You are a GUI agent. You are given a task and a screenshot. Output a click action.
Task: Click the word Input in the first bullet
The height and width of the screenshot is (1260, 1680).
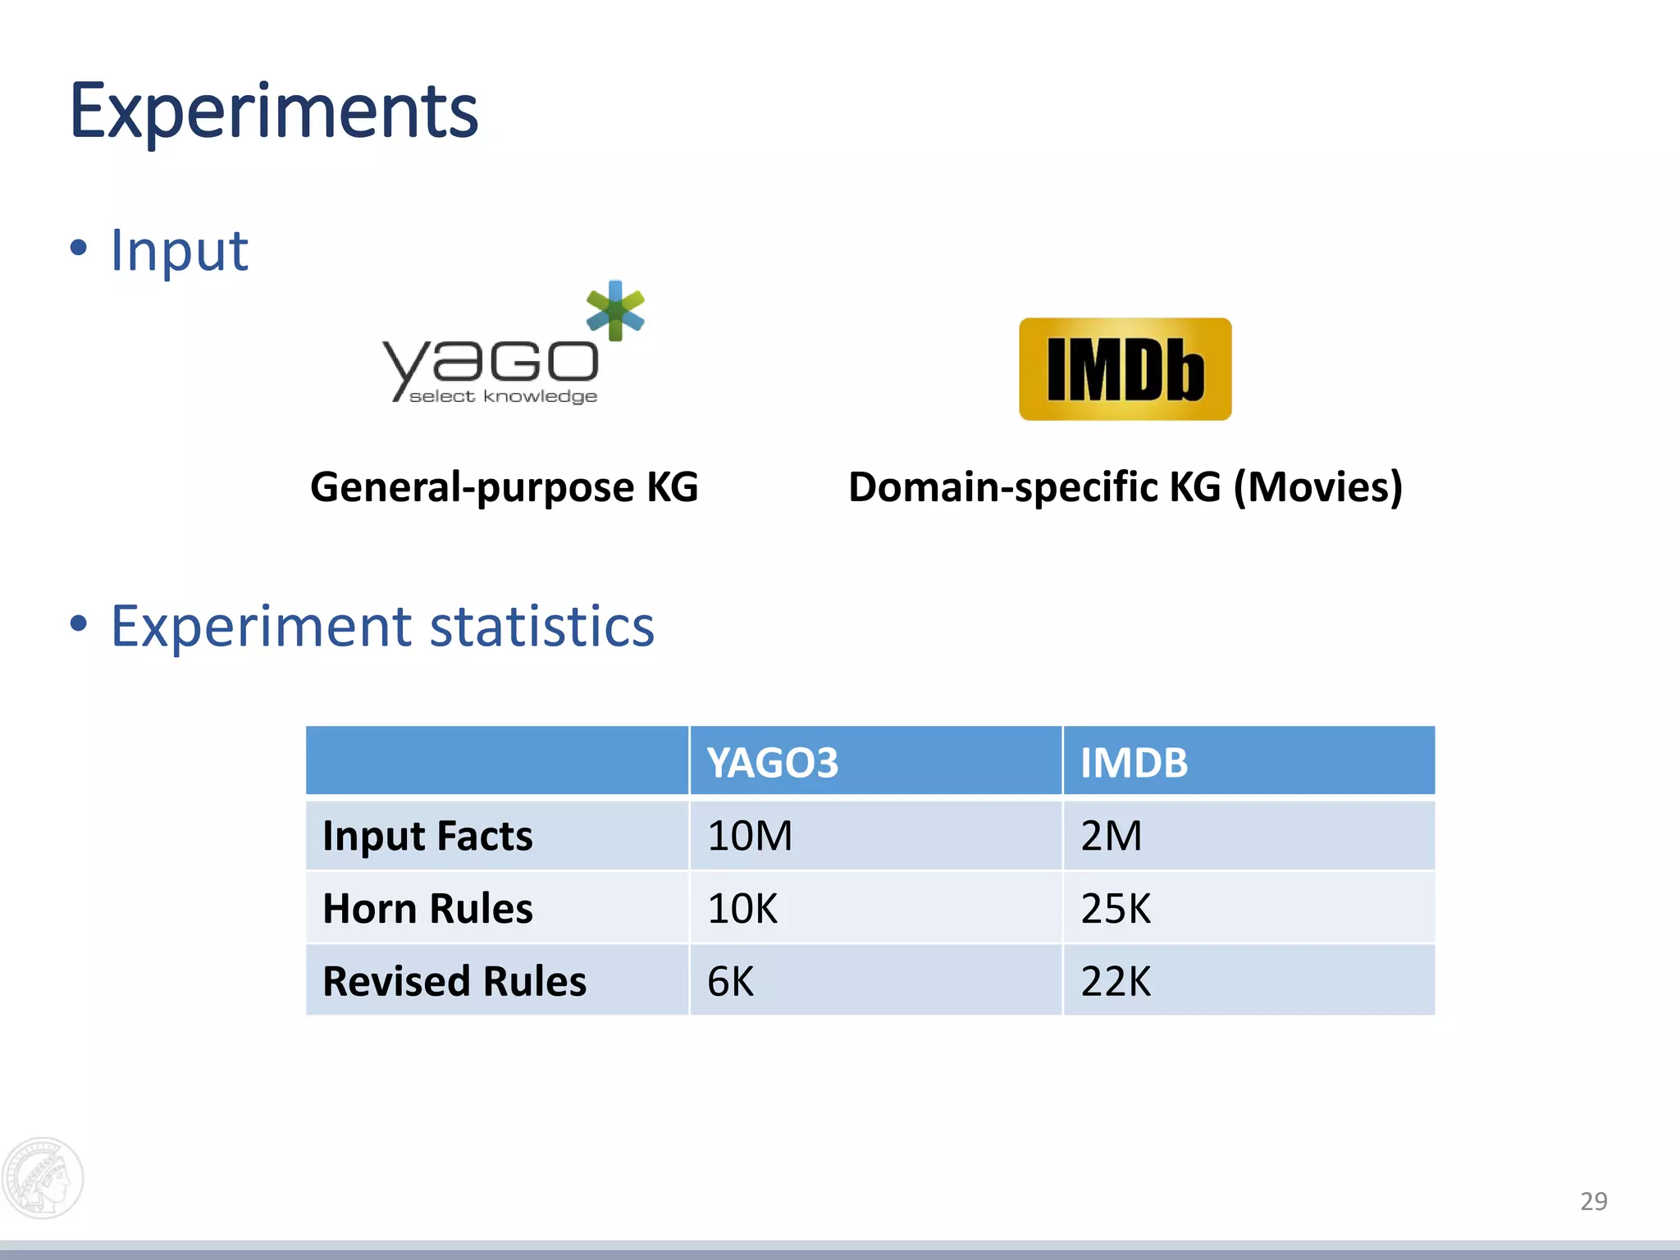(179, 250)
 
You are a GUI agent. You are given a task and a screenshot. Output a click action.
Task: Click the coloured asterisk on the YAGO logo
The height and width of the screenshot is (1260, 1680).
(615, 310)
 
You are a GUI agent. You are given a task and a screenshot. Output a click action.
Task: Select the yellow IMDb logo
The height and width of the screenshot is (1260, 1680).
(1125, 369)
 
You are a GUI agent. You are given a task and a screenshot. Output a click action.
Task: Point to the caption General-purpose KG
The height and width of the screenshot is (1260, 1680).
(504, 487)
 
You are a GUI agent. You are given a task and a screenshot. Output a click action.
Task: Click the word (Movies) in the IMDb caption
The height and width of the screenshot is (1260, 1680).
(1317, 487)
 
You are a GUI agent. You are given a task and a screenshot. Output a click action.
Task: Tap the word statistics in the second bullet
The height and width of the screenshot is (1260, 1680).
(541, 627)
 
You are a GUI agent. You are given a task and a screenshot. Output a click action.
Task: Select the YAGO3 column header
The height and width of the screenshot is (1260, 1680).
(773, 763)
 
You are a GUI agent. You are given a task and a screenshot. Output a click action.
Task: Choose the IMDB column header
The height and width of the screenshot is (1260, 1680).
(1134, 763)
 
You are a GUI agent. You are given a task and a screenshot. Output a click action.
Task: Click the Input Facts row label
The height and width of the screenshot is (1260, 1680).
(427, 836)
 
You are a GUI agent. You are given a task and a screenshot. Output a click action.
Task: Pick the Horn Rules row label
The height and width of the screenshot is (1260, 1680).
(427, 909)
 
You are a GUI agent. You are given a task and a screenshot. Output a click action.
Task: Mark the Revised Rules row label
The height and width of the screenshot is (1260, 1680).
(454, 981)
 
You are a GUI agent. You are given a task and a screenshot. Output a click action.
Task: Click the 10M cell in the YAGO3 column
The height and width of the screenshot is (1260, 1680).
(750, 836)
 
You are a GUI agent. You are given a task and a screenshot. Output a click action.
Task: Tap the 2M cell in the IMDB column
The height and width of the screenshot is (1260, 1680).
(1111, 836)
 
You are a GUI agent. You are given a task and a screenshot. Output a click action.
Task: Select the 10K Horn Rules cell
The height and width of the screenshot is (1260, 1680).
(742, 909)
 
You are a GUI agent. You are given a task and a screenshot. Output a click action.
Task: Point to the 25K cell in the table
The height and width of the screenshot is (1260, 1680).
(1116, 909)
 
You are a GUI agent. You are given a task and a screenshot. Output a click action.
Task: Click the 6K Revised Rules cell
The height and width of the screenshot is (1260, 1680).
(730, 981)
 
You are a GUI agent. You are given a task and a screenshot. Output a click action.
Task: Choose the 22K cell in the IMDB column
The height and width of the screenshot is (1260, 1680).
(1116, 981)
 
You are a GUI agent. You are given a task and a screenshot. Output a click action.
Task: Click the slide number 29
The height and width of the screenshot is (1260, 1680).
(1593, 1201)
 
